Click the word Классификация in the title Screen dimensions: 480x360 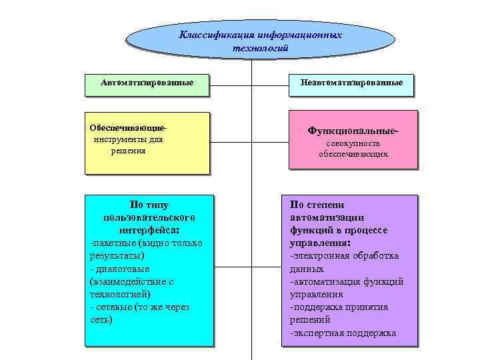(x=213, y=34)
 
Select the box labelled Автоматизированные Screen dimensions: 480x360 (x=147, y=83)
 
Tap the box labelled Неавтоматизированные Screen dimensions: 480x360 (x=351, y=83)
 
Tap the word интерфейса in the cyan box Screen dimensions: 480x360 (x=149, y=229)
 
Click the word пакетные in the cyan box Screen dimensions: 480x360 (x=113, y=243)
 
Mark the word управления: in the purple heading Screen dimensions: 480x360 (x=319, y=243)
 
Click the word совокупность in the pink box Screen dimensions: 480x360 (x=353, y=143)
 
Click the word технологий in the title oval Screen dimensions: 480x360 (x=260, y=47)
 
